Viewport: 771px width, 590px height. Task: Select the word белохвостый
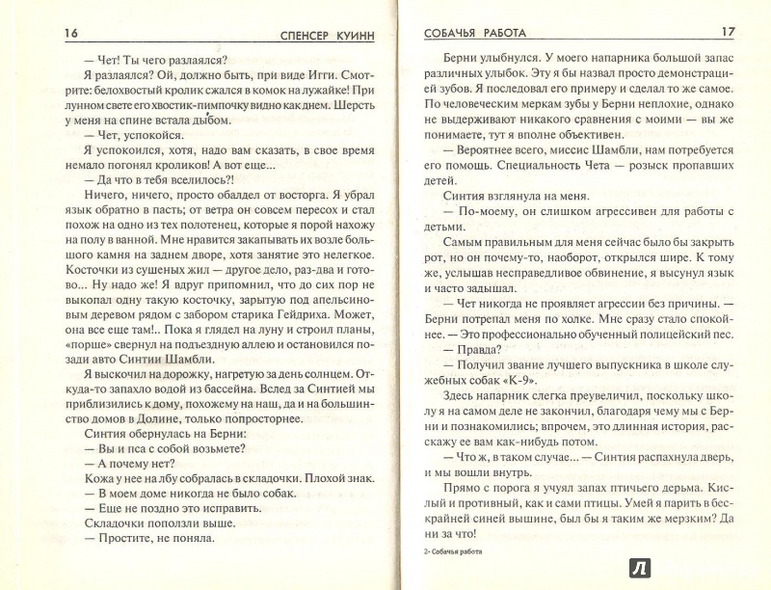tap(142, 101)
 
